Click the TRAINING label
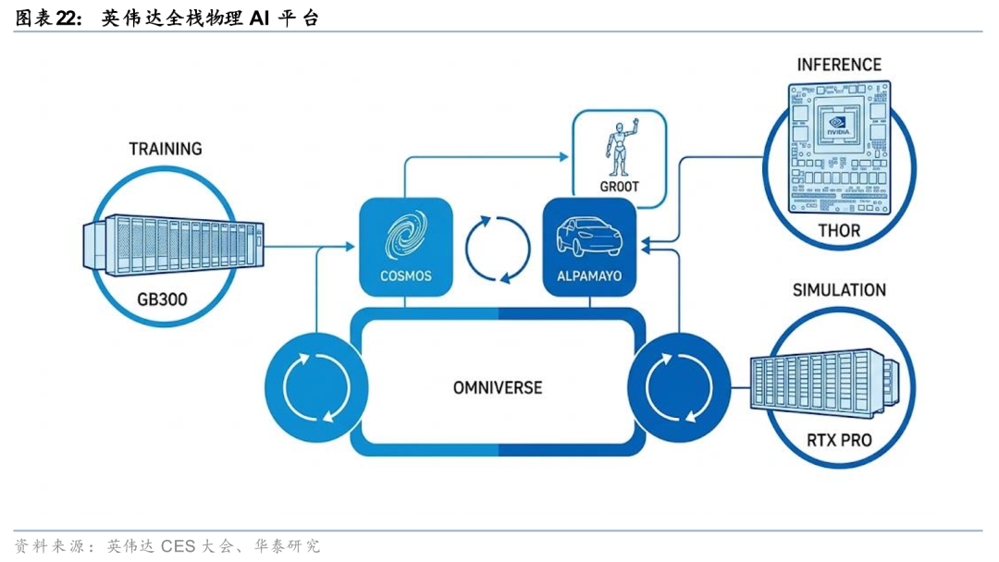click(x=166, y=149)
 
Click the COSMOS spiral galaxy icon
click(x=406, y=236)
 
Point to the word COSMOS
click(x=406, y=276)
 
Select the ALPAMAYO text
click(x=589, y=276)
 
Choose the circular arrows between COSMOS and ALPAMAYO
click(x=498, y=248)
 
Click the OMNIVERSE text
click(x=498, y=387)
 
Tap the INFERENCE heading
click(x=839, y=65)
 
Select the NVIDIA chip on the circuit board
click(x=837, y=125)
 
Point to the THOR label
click(x=839, y=231)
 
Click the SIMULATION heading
click(x=839, y=290)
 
